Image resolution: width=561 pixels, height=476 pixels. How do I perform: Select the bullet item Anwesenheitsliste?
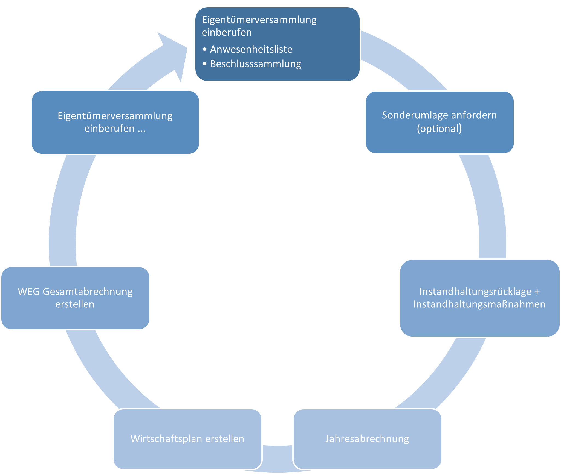(x=251, y=49)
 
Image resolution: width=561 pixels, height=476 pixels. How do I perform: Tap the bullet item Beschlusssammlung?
(x=255, y=64)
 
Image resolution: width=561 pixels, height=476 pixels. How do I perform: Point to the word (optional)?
(x=439, y=129)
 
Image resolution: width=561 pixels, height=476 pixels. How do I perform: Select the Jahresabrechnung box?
(x=367, y=439)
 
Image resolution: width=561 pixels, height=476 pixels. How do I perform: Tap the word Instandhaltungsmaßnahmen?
(x=479, y=304)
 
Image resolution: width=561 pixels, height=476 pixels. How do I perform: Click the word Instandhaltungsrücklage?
(x=475, y=292)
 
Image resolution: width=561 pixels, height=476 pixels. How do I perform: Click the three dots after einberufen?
(x=141, y=129)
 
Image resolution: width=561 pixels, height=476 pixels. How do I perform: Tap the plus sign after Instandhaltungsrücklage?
(x=537, y=292)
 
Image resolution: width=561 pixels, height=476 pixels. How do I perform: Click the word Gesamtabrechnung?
(x=88, y=292)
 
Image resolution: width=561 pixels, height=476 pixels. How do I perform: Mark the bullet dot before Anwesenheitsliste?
(x=204, y=50)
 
